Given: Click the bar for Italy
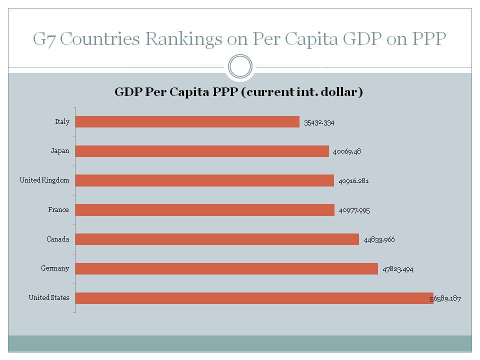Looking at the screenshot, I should [187, 122].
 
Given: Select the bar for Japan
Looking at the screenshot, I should [202, 151].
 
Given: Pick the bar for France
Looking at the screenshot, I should [204, 210].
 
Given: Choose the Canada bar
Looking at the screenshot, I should [217, 239].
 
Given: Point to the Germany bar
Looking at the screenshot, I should [226, 269].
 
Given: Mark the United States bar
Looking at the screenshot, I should [254, 298].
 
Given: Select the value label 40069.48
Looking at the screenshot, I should [346, 151].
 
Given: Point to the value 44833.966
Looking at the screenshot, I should [379, 240].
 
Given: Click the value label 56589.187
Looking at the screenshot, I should [446, 299].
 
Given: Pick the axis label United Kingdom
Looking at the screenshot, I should [44, 180].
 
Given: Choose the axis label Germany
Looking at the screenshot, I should [55, 268].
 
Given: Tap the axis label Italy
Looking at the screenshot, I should [62, 121].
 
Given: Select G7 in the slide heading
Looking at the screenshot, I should [43, 39].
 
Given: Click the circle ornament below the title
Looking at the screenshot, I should [240, 66].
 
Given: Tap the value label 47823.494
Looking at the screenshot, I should [398, 269].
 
